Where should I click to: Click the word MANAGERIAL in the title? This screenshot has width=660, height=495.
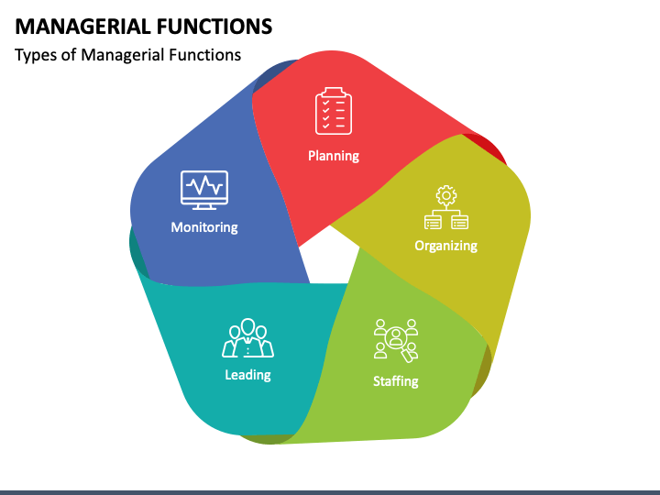[82, 27]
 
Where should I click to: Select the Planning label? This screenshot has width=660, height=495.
[334, 156]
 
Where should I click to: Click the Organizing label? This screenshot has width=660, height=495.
[445, 246]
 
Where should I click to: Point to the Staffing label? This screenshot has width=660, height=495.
[396, 381]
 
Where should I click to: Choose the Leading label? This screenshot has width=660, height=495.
[247, 375]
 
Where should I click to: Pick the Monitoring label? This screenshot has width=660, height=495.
[204, 227]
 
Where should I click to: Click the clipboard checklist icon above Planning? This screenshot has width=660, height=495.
[334, 111]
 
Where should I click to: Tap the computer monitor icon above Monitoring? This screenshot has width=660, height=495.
[204, 190]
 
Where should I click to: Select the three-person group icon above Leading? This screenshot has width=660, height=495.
[247, 338]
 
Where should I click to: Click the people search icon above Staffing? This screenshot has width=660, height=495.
[396, 341]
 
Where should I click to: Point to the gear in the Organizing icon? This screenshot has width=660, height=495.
[446, 195]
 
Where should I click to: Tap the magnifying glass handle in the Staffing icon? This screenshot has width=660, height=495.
[409, 356]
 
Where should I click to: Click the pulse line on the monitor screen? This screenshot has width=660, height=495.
[204, 185]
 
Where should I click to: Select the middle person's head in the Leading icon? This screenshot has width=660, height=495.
[247, 326]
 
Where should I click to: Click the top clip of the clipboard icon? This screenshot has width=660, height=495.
[334, 92]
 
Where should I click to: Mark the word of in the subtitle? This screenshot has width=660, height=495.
[69, 56]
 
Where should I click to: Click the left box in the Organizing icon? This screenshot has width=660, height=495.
[433, 222]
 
